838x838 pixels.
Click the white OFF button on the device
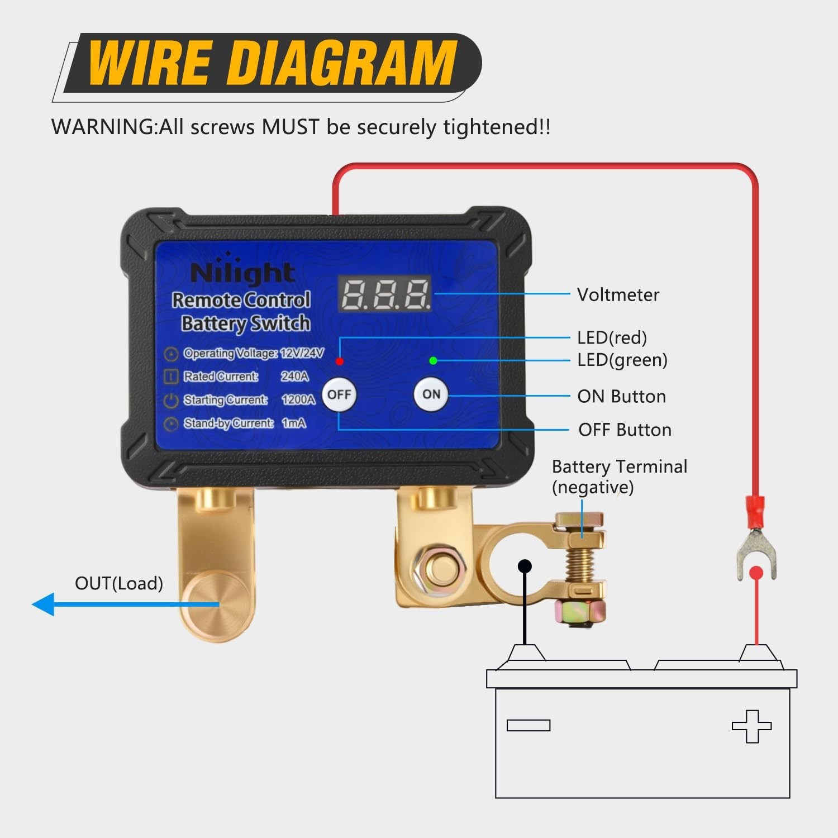click(339, 395)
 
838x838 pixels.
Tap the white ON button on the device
click(431, 394)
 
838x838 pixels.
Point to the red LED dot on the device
click(339, 361)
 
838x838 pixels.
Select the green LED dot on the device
click(433, 360)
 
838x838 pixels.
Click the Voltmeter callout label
click(618, 295)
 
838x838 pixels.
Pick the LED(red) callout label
click(612, 338)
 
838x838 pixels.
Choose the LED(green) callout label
click(622, 360)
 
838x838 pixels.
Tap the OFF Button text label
click(625, 430)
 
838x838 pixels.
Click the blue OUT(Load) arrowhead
click(44, 604)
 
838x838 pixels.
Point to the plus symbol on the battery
click(751, 726)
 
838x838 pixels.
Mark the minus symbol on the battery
click(528, 725)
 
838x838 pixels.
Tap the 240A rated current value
click(294, 377)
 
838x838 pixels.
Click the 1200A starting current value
click(298, 400)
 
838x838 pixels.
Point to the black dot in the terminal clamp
click(525, 566)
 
